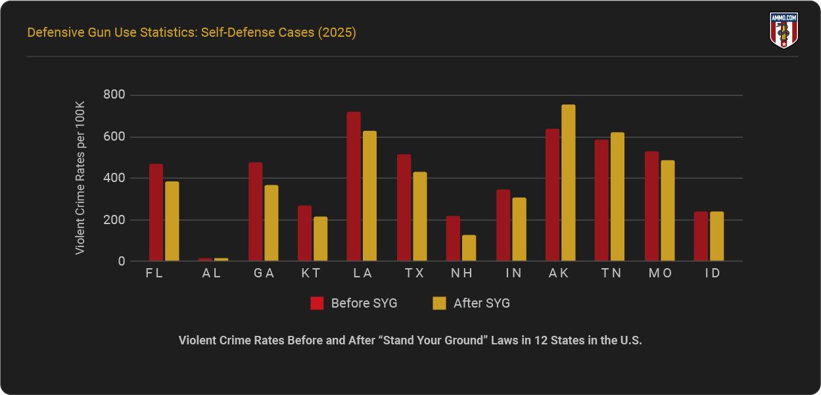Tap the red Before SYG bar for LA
354,187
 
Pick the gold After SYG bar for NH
469,248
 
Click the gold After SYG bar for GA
271,223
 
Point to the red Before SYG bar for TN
601,200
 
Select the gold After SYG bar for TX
419,216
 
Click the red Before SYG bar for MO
651,206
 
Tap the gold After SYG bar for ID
716,236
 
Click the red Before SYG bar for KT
304,233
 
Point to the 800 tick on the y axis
114,95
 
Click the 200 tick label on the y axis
114,220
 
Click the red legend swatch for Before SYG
317,303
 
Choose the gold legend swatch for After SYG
439,303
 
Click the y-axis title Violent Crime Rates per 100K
80,178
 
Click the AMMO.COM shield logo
783,31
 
